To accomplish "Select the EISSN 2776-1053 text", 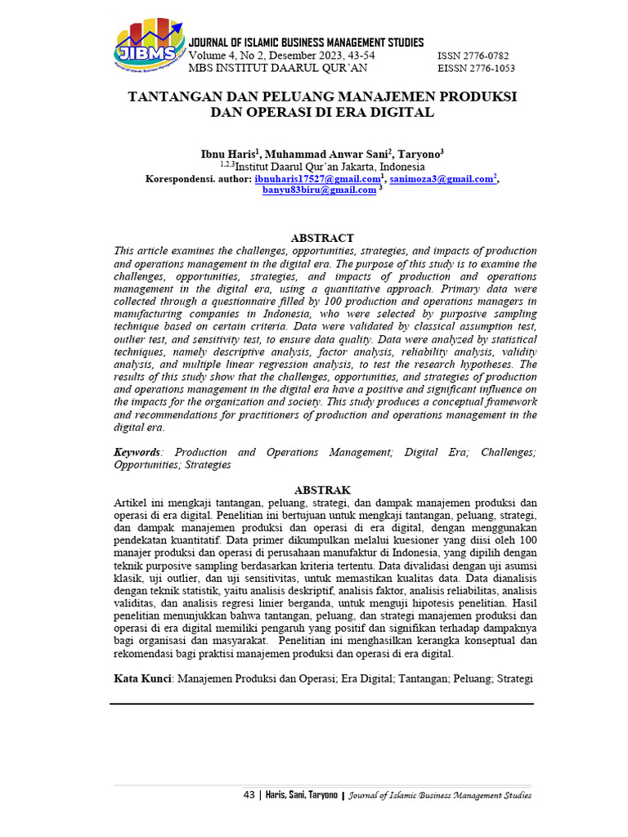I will pos(477,68).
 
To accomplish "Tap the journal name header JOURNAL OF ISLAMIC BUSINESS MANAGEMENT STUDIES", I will pos(306,43).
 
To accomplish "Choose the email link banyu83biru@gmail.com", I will pos(319,190).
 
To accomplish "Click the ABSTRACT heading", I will pos(322,238).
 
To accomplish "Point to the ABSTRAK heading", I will pos(322,490).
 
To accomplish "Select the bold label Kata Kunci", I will pos(142,678).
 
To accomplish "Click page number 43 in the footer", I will pos(249,794).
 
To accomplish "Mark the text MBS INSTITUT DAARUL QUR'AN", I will pos(278,68).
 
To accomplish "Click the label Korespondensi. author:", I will pos(198,179).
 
